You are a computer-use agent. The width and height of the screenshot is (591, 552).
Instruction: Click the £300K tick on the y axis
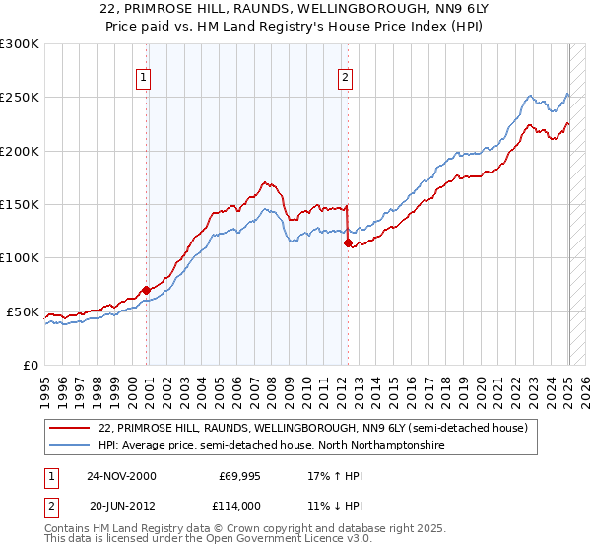pos(20,44)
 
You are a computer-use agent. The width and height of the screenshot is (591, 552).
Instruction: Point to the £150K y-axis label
pos(20,204)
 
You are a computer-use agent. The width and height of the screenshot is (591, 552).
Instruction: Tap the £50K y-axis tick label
pos(24,311)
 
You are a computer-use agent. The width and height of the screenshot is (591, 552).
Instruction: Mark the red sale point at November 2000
pos(147,290)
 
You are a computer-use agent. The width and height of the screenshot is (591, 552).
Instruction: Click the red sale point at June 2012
pos(348,242)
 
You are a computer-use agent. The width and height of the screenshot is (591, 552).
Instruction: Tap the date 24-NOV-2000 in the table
pos(122,475)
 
